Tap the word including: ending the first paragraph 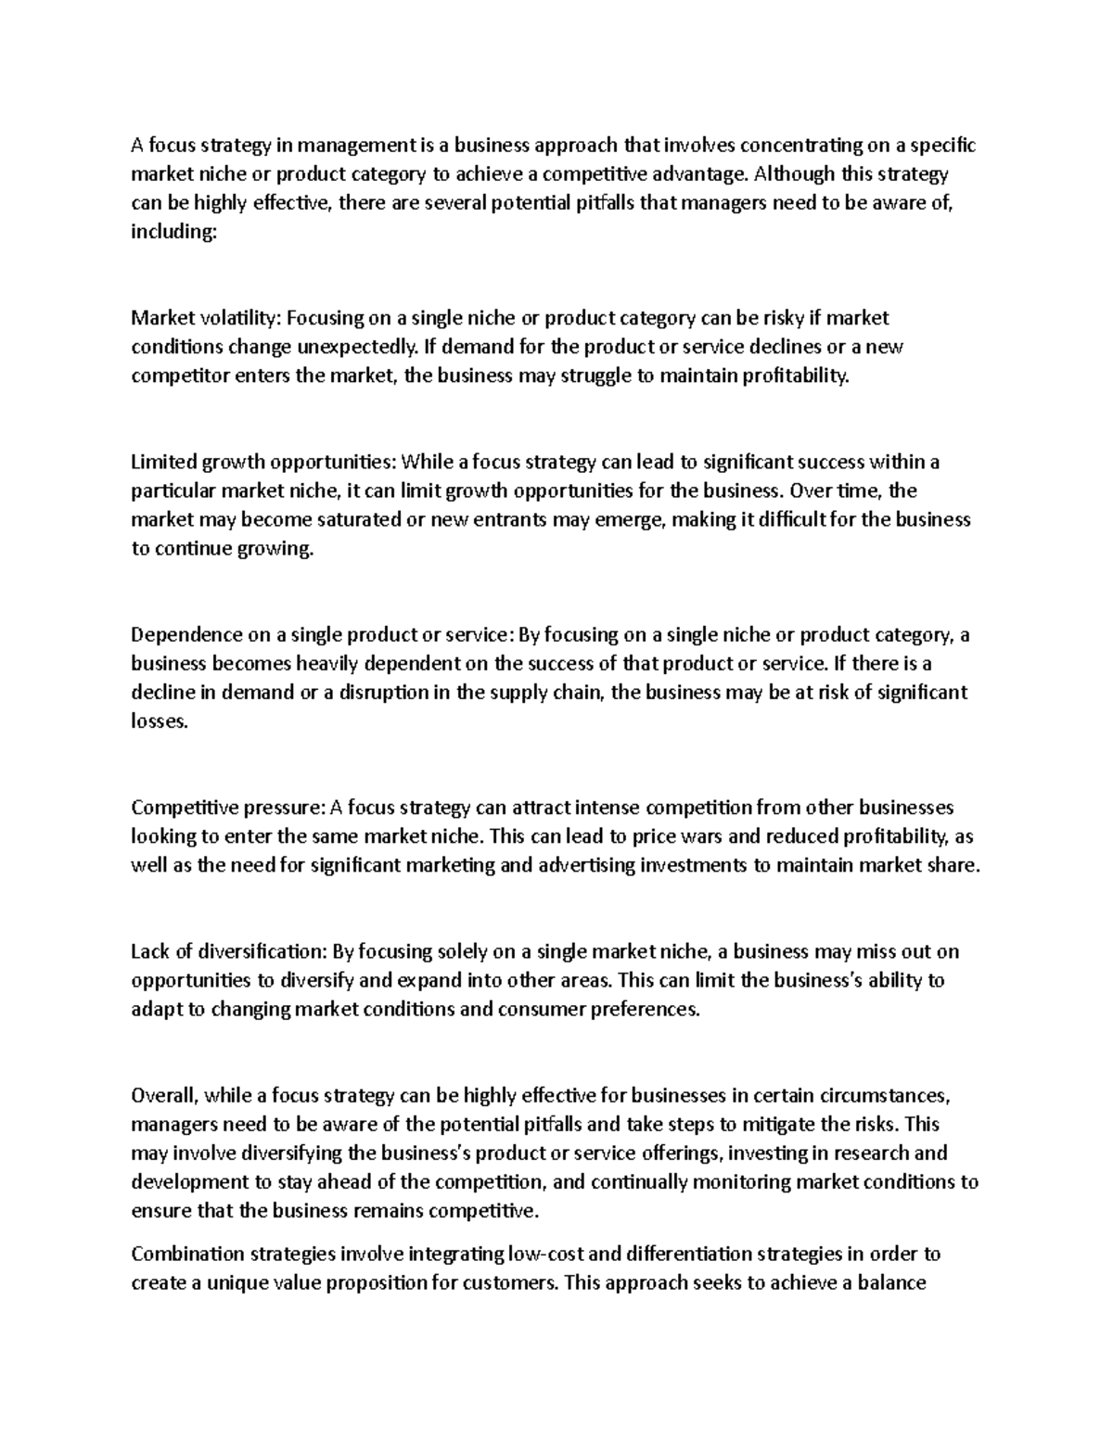click(173, 233)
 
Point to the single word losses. click(159, 722)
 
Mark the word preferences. click(643, 1010)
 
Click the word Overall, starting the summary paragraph click(165, 1096)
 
